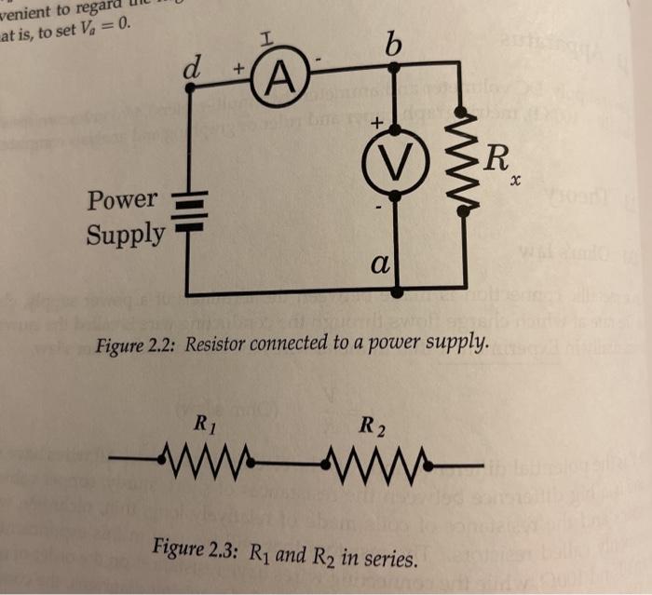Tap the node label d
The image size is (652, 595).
192,66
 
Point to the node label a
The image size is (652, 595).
378,264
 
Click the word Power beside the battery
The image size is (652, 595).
123,199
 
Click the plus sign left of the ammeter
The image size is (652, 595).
238,70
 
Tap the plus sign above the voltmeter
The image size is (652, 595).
377,123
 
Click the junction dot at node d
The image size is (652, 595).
190,87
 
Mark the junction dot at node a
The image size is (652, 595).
397,291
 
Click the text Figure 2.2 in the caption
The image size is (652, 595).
137,345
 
